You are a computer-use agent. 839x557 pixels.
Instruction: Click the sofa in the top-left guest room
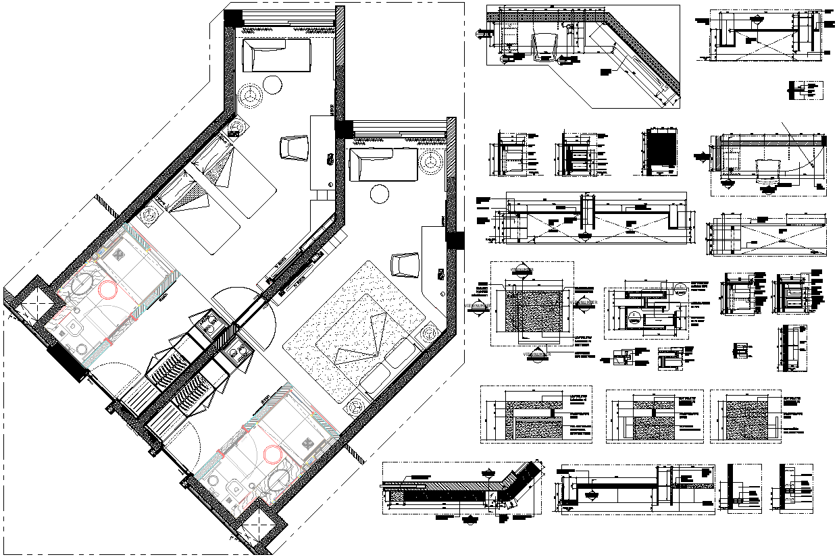[x=276, y=55]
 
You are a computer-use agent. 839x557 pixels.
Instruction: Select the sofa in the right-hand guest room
[x=383, y=165]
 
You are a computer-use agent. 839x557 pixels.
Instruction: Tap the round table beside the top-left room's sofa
[x=272, y=85]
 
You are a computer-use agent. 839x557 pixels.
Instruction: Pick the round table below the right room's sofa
[x=379, y=194]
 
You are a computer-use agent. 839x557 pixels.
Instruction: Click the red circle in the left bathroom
[x=107, y=290]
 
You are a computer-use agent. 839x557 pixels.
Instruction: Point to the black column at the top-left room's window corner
[x=234, y=18]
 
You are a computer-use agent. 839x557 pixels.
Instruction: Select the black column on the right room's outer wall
[x=456, y=240]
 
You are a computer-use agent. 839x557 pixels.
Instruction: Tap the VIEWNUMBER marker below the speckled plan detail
[x=538, y=353]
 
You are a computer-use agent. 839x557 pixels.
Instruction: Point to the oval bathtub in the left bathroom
[x=79, y=286]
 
